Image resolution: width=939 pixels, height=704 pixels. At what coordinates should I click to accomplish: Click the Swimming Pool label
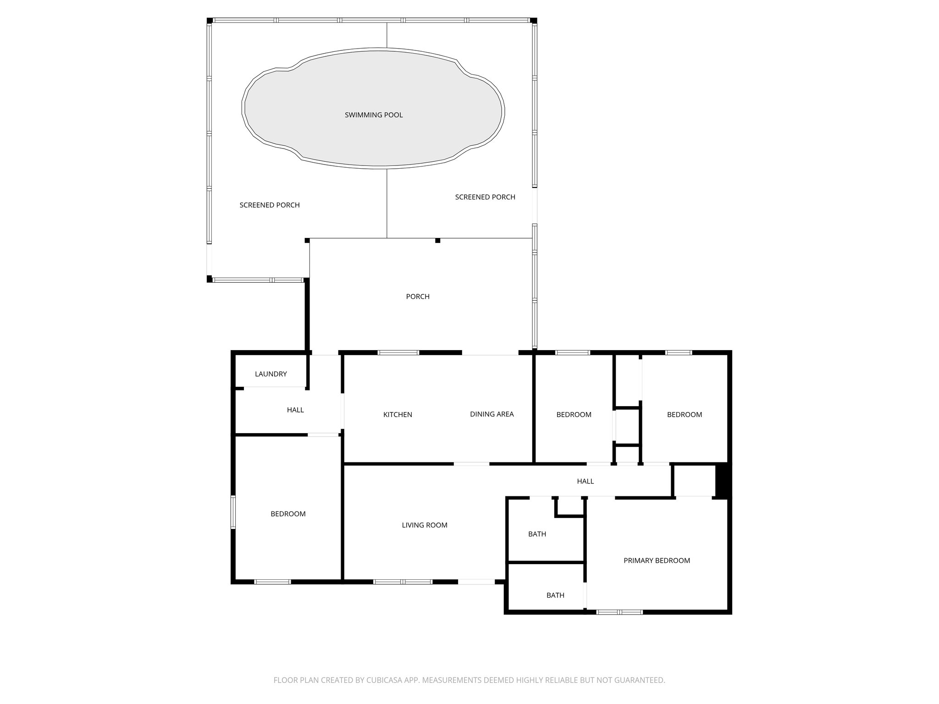pyautogui.click(x=374, y=115)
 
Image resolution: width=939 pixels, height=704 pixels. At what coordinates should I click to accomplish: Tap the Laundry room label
pyautogui.click(x=271, y=374)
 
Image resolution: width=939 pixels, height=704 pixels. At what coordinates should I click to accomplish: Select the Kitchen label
pyautogui.click(x=398, y=415)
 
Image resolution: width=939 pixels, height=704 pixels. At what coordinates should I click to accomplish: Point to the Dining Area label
pyautogui.click(x=492, y=414)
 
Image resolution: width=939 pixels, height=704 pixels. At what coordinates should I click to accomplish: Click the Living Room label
pyautogui.click(x=425, y=525)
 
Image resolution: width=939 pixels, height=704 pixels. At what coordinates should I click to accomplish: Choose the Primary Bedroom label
pyautogui.click(x=657, y=561)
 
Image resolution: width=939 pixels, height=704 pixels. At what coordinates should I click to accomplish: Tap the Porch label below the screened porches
pyautogui.click(x=418, y=297)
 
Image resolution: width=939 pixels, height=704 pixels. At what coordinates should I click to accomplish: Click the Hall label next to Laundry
pyautogui.click(x=295, y=410)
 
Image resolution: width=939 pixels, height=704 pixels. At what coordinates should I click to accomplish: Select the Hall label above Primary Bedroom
pyautogui.click(x=585, y=481)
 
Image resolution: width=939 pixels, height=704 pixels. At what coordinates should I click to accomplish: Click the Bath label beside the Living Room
pyautogui.click(x=537, y=534)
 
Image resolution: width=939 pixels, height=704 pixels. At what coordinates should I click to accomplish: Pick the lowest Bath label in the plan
pyautogui.click(x=555, y=595)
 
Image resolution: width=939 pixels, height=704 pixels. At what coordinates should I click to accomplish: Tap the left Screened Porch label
pyautogui.click(x=270, y=205)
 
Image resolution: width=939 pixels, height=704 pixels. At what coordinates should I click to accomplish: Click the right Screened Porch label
pyautogui.click(x=485, y=197)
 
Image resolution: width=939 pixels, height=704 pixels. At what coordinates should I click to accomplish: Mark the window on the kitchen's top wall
pyautogui.click(x=398, y=352)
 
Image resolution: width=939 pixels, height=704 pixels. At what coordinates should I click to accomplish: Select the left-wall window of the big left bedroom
pyautogui.click(x=233, y=512)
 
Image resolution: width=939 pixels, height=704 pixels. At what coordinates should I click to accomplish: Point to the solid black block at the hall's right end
pyautogui.click(x=722, y=481)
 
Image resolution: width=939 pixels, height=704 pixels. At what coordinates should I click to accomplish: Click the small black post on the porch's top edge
pyautogui.click(x=437, y=241)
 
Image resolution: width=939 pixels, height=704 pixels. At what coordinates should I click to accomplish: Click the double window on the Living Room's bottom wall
pyautogui.click(x=403, y=582)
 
